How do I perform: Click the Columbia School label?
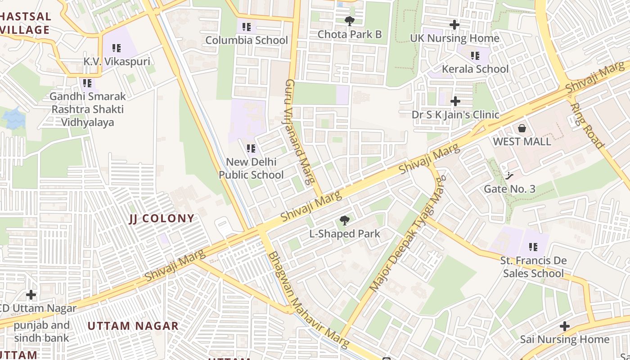coord(247,40)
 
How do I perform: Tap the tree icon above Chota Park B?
coord(349,21)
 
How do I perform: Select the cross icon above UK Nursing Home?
coord(454,25)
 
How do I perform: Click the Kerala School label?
coord(475,69)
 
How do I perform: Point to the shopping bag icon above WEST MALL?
coord(522,128)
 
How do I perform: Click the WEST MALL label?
coord(522,142)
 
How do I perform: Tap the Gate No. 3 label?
coord(509,189)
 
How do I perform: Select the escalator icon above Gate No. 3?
coord(509,175)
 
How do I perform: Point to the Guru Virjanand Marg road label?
coord(299,133)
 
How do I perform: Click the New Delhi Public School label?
coord(251,168)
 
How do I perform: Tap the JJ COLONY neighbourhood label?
coord(162,219)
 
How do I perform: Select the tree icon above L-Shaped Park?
coord(345,220)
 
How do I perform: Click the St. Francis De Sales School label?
coord(533,267)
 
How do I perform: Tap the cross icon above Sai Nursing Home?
coord(565,326)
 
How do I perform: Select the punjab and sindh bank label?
coord(41,332)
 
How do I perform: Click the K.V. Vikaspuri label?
coord(117,62)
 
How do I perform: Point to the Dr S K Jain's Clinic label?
coord(455,115)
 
